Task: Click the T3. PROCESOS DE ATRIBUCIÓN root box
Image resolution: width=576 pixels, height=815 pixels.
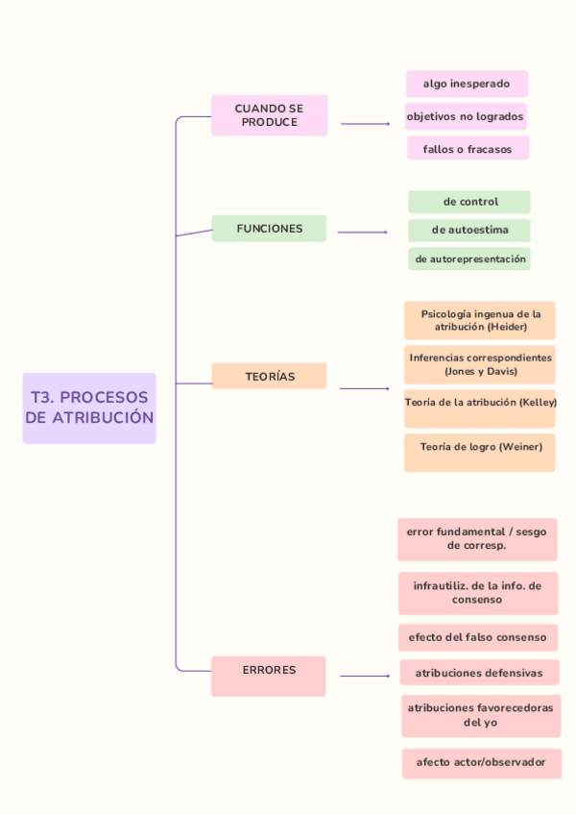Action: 89,407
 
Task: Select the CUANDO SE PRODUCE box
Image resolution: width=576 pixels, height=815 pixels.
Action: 270,115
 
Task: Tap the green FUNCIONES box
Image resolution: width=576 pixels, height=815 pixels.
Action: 269,229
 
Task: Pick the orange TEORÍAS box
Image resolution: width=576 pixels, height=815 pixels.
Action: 269,376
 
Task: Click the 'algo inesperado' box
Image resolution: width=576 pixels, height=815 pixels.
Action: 467,84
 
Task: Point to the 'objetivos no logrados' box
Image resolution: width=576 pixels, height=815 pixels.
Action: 466,116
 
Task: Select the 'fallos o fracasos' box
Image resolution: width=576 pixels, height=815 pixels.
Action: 468,149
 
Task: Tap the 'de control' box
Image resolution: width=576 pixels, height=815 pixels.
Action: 469,202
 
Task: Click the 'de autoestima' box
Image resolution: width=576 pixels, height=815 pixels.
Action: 469,230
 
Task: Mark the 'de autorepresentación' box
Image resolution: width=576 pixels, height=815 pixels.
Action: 469,259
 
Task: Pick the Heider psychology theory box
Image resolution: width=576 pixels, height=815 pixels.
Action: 480,320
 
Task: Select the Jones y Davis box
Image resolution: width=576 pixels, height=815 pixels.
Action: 480,364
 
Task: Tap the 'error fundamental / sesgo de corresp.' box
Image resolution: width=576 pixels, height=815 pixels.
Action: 477,539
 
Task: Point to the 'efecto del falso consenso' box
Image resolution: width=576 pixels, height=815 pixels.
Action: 477,637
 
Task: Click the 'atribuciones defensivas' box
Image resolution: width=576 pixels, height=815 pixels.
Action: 479,673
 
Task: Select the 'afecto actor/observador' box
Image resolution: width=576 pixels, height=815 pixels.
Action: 481,762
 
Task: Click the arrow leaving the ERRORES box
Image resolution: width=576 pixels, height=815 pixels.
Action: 365,676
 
